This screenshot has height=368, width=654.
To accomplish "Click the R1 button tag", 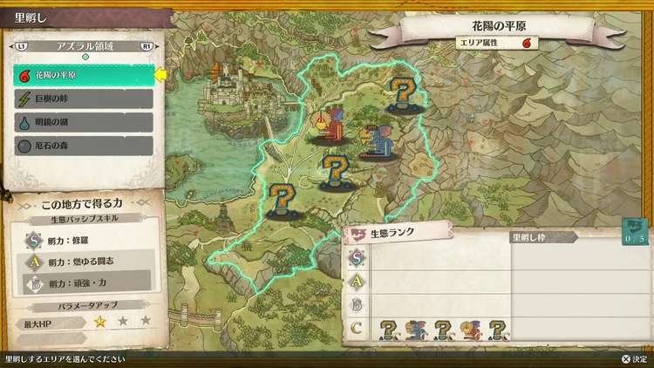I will [146, 45].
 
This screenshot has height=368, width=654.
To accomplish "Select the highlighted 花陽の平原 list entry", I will [84, 76].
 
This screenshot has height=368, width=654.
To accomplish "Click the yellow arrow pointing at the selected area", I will [160, 76].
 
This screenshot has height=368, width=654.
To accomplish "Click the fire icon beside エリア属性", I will [527, 42].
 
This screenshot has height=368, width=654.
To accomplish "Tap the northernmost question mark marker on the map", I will [402, 93].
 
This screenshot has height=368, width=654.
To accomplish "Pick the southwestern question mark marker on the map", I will [281, 201].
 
